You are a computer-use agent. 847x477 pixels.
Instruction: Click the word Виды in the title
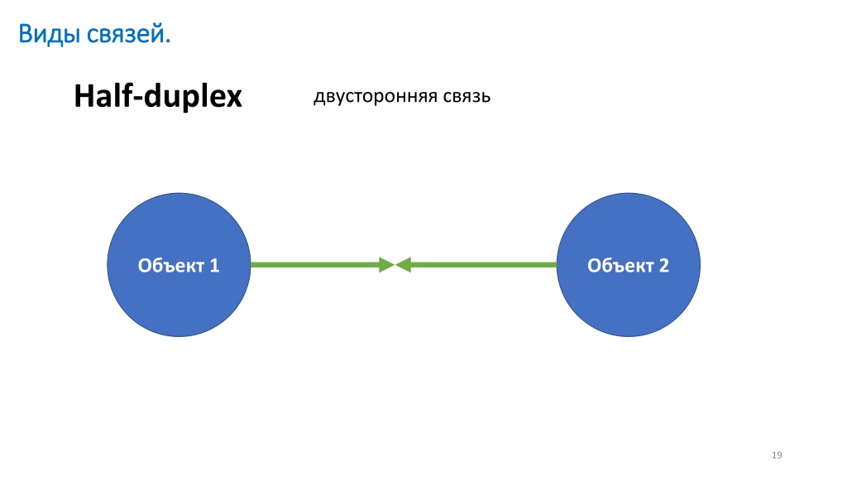pyautogui.click(x=50, y=34)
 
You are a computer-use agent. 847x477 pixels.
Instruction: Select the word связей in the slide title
pyautogui.click(x=126, y=34)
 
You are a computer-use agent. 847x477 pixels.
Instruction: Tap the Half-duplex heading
pyautogui.click(x=158, y=96)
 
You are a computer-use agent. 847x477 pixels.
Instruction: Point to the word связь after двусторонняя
pyautogui.click(x=467, y=96)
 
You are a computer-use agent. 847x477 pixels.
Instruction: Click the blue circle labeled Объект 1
pyautogui.click(x=179, y=265)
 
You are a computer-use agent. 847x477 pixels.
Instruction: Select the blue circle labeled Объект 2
pyautogui.click(x=629, y=265)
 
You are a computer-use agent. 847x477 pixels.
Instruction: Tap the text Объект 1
pyautogui.click(x=179, y=266)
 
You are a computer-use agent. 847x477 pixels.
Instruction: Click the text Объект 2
pyautogui.click(x=629, y=266)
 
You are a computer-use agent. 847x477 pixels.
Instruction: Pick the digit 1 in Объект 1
pyautogui.click(x=214, y=266)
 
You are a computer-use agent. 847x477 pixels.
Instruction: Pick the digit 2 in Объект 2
pyautogui.click(x=663, y=266)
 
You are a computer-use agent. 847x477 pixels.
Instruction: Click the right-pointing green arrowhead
pyautogui.click(x=387, y=265)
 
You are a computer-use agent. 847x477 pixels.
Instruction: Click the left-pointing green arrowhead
pyautogui.click(x=403, y=265)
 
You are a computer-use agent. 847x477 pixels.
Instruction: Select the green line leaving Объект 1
pyautogui.click(x=315, y=265)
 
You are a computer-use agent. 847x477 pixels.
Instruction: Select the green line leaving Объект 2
pyautogui.click(x=483, y=265)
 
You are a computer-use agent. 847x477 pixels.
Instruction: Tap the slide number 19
pyautogui.click(x=777, y=455)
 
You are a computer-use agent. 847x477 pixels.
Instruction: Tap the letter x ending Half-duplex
pyautogui.click(x=233, y=99)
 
